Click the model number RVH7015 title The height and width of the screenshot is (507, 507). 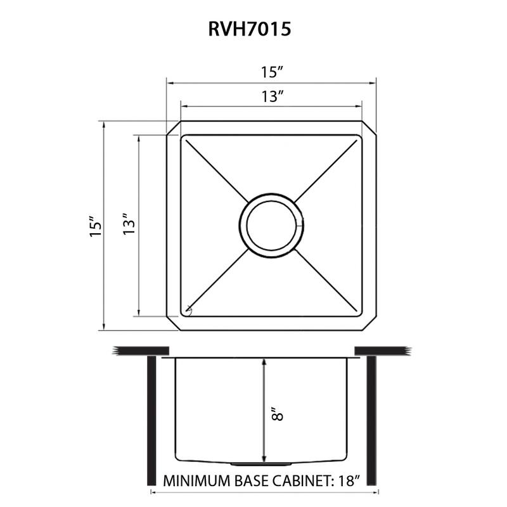250,29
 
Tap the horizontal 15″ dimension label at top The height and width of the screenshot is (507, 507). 273,72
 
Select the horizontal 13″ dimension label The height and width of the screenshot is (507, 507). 273,96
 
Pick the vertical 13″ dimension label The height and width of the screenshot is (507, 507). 129,224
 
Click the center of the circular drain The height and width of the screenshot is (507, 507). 271,226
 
